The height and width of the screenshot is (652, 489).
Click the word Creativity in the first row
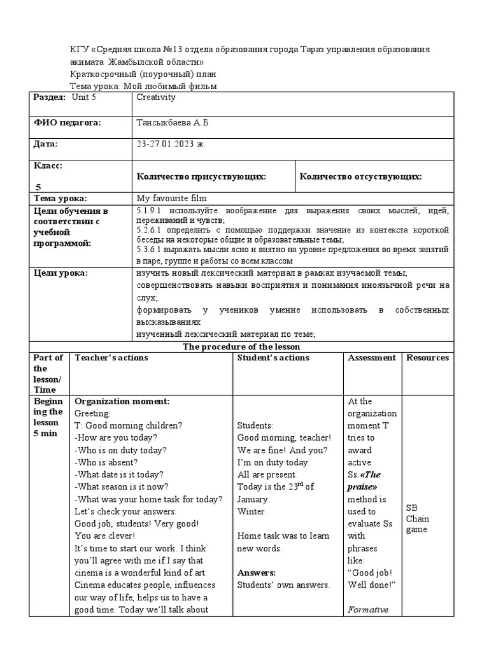pyautogui.click(x=156, y=97)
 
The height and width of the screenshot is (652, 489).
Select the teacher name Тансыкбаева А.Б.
pyautogui.click(x=173, y=122)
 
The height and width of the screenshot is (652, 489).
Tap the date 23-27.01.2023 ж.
pyautogui.click(x=171, y=145)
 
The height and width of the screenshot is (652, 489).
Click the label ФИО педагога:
pyautogui.click(x=67, y=122)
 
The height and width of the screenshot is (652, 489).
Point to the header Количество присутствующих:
pyautogui.click(x=201, y=176)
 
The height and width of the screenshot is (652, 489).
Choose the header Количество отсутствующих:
pyautogui.click(x=360, y=176)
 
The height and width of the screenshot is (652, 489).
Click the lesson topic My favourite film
pyautogui.click(x=171, y=199)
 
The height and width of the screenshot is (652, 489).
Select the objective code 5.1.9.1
pyautogui.click(x=151, y=211)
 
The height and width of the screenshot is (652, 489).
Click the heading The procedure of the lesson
pyautogui.click(x=241, y=347)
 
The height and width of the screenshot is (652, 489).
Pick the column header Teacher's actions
pyautogui.click(x=111, y=358)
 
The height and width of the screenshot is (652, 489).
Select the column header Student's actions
pyautogui.click(x=273, y=358)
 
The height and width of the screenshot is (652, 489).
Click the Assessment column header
pyautogui.click(x=372, y=358)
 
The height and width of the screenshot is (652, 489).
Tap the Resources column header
pyautogui.click(x=427, y=358)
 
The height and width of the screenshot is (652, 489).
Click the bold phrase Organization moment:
pyautogui.click(x=122, y=402)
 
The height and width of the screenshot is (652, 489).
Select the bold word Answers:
pyautogui.click(x=257, y=572)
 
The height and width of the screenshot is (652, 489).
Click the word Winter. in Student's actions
pyautogui.click(x=252, y=511)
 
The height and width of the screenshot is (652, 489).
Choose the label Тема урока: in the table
pyautogui.click(x=60, y=199)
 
